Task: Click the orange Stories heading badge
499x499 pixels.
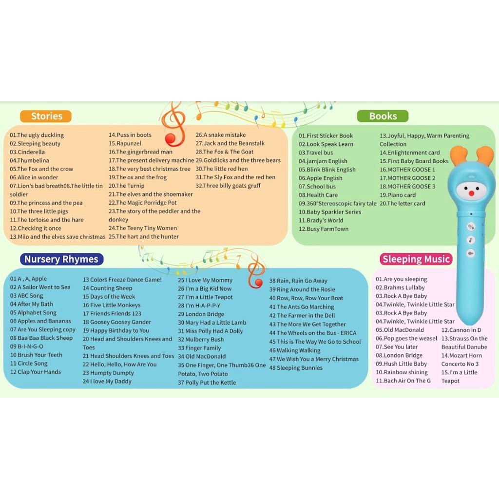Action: coord(45,116)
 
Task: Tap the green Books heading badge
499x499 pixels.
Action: coord(383,116)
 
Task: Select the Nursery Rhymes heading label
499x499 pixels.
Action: coord(61,259)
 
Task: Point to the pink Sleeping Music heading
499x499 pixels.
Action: coord(416,259)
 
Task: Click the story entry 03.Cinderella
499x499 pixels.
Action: coord(27,152)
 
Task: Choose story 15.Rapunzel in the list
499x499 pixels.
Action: coord(125,143)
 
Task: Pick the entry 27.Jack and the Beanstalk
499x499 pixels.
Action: coord(230,143)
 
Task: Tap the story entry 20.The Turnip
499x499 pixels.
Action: coord(126,186)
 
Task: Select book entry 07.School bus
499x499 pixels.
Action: coord(317,187)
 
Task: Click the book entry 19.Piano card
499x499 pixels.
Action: coord(398,195)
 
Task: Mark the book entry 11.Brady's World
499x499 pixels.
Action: coord(321,220)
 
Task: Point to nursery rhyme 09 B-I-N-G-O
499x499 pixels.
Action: coord(26,346)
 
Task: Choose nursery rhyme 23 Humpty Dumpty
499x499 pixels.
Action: coord(108,373)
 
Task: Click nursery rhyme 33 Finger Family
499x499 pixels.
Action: coord(199,348)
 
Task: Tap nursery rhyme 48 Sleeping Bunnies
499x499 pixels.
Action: coord(296,367)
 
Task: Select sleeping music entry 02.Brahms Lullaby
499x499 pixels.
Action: coord(400,288)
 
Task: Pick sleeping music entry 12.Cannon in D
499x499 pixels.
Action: coord(461,330)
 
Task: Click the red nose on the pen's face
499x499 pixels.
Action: coord(471,193)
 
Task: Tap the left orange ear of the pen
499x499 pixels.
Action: coord(458,155)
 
